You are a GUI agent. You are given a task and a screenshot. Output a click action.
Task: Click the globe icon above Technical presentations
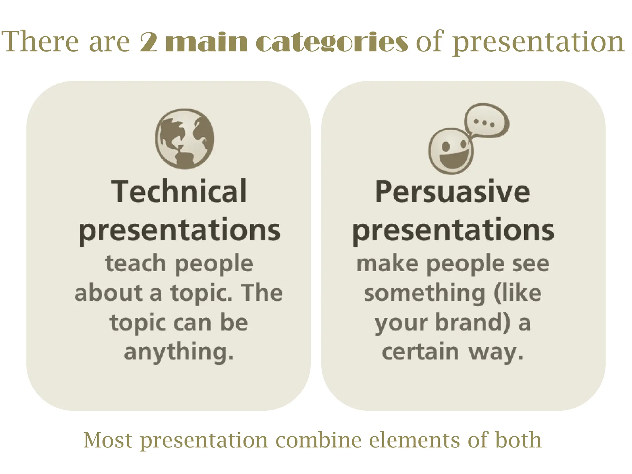(185, 139)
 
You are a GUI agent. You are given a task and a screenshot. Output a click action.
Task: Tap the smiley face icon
(451, 151)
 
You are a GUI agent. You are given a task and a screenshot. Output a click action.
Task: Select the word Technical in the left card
(179, 192)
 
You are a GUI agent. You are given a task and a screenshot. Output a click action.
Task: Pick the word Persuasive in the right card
(453, 192)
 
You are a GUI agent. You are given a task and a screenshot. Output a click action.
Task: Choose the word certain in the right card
(420, 352)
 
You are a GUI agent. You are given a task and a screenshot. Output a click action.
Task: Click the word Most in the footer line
(108, 440)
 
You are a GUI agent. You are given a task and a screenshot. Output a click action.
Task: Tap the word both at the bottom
(518, 440)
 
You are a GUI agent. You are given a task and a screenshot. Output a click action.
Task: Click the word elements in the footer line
(414, 440)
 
